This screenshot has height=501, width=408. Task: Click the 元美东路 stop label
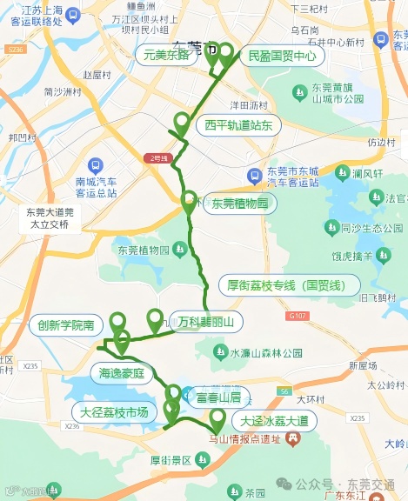click(x=166, y=55)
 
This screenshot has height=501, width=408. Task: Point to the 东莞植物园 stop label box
click(x=239, y=204)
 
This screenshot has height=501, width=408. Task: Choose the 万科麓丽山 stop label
click(x=205, y=322)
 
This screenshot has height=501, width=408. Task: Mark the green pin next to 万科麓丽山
click(x=156, y=319)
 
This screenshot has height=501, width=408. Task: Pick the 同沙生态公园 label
click(x=361, y=228)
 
